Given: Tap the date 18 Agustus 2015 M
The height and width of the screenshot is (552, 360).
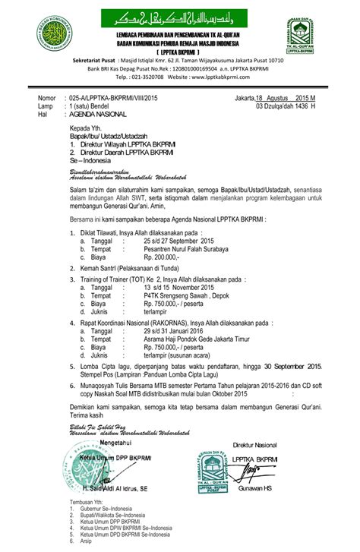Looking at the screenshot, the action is (279, 99).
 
